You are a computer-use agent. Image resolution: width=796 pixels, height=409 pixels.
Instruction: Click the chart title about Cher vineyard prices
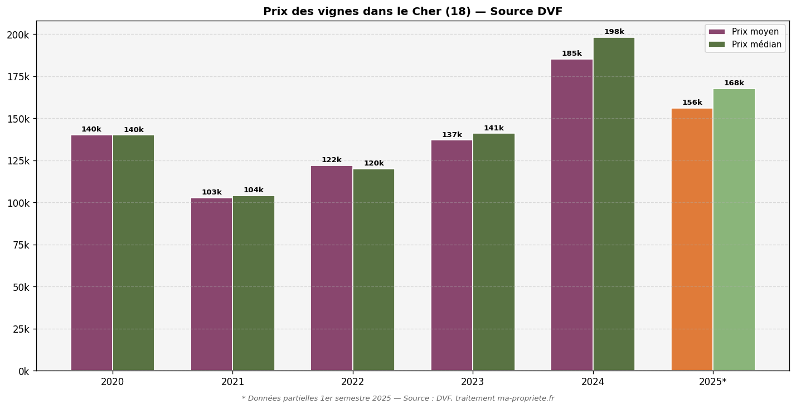click(x=412, y=12)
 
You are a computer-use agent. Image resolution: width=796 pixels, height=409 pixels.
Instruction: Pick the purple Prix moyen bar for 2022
click(x=332, y=268)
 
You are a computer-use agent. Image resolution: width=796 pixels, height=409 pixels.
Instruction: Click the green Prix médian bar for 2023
click(x=494, y=252)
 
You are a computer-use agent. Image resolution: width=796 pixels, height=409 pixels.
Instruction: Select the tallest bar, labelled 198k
click(x=614, y=204)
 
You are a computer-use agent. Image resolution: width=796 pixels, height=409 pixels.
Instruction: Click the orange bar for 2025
click(x=692, y=239)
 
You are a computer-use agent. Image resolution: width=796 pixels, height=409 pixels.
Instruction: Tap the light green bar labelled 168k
click(x=734, y=230)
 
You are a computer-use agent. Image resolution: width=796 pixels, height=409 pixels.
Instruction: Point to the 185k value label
click(x=571, y=54)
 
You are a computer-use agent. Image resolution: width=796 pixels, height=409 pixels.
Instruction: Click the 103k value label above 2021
click(x=211, y=193)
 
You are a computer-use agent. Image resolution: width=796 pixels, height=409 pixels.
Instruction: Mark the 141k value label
click(x=493, y=129)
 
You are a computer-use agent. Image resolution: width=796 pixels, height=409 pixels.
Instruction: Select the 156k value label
click(x=692, y=103)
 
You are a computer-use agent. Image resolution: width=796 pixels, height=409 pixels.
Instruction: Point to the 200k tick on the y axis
click(x=18, y=35)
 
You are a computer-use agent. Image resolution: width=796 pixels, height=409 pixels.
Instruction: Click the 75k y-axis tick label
click(x=20, y=245)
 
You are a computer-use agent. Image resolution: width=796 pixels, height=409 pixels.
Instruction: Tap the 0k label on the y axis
click(x=23, y=371)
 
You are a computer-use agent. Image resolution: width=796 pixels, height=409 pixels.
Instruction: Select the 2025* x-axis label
click(x=713, y=382)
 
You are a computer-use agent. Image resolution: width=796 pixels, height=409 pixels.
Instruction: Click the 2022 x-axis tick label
click(x=353, y=382)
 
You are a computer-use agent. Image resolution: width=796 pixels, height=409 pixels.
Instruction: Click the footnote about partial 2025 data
click(x=398, y=399)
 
